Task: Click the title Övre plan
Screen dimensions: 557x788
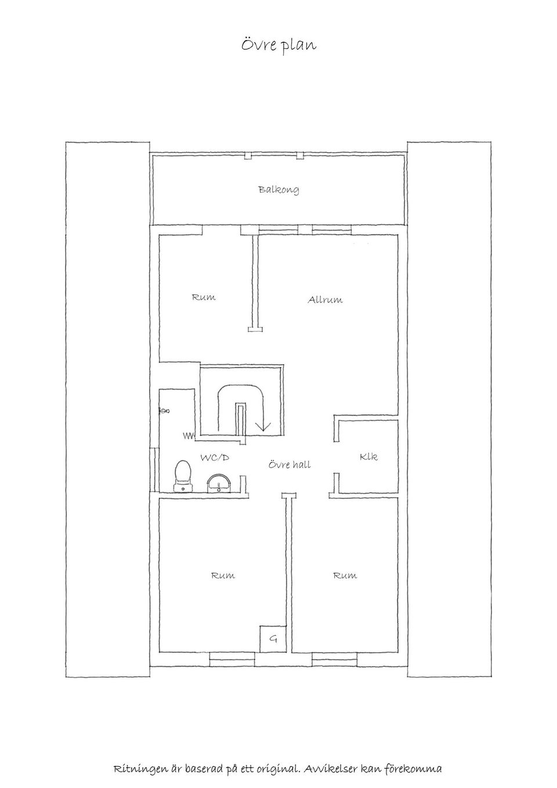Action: [x=278, y=46]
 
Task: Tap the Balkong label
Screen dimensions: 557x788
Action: [x=279, y=190]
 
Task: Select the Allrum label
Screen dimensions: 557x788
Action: [x=325, y=300]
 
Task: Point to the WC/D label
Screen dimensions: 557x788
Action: [x=215, y=458]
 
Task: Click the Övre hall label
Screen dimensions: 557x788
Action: [x=290, y=465]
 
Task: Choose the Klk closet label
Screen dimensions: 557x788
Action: [x=368, y=456]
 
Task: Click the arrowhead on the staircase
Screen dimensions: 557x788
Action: [x=263, y=426]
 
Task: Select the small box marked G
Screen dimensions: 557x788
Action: [x=273, y=639]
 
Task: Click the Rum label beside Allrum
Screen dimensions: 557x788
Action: [x=204, y=297]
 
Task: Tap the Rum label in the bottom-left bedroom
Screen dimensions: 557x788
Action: [x=223, y=576]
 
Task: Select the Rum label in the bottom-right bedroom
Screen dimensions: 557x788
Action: [x=345, y=576]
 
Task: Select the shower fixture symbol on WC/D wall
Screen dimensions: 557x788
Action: [x=164, y=411]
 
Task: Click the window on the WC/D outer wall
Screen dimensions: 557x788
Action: [x=154, y=470]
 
